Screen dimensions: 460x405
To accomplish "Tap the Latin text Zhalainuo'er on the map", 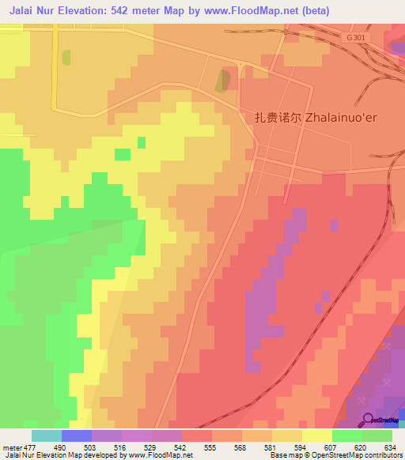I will (x=333, y=116).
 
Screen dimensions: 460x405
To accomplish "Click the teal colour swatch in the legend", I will (x=47, y=435).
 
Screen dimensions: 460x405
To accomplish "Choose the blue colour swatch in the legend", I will (x=77, y=435).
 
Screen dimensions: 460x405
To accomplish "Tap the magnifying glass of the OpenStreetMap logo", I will (x=366, y=419).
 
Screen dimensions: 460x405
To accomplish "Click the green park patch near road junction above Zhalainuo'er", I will (x=225, y=80).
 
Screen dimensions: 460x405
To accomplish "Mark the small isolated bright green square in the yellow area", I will (x=141, y=142).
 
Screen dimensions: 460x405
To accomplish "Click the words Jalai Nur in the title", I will (x=32, y=10).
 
